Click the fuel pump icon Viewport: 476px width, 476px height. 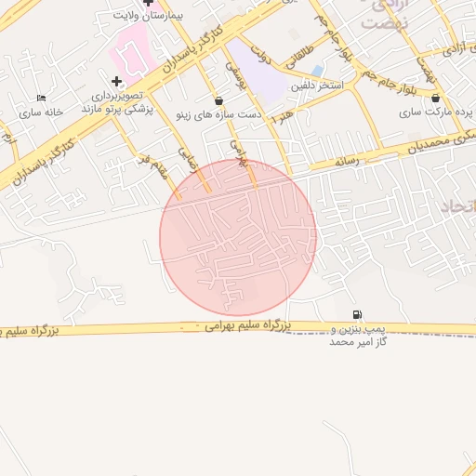pos(358,314)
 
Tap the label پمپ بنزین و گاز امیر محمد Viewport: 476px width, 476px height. pos(358,336)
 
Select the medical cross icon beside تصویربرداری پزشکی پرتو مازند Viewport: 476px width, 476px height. pos(116,81)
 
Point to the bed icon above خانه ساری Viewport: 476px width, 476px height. pos(41,98)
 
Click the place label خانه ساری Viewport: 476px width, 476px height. pos(41,112)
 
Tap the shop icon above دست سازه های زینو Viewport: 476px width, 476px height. pos(218,100)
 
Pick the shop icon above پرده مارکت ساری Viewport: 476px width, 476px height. pos(436,98)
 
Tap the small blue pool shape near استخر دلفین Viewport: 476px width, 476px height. pos(317,71)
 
